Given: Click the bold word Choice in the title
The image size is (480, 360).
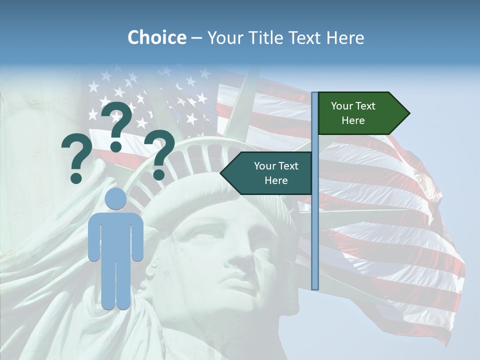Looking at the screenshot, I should click(x=156, y=37).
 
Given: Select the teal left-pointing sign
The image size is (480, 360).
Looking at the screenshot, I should click(x=270, y=173).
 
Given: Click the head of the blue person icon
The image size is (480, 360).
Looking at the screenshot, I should click(x=116, y=199).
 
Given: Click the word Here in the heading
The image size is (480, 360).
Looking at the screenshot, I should click(x=345, y=37).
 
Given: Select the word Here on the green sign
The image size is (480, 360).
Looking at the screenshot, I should click(x=353, y=120).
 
